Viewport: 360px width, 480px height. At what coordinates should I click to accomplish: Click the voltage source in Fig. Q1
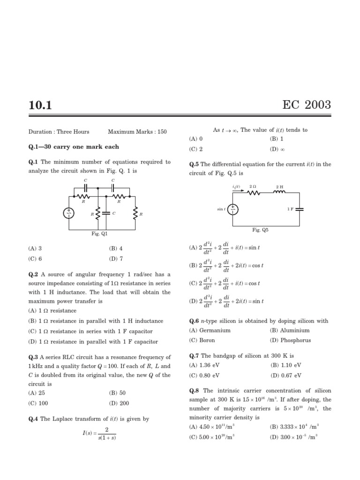click(69, 213)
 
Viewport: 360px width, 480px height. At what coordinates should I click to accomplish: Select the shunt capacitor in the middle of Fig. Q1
click(106, 213)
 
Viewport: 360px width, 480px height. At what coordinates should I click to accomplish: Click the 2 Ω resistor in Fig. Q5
click(253, 192)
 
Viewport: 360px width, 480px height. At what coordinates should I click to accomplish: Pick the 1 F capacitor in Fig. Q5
click(299, 209)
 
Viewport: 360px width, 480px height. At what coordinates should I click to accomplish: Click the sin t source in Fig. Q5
click(233, 209)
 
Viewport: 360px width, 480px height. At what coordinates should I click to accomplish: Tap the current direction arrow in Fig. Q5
click(237, 191)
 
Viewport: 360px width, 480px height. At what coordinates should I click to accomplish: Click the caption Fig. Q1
click(99, 233)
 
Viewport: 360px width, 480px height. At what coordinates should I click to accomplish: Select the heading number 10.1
click(40, 105)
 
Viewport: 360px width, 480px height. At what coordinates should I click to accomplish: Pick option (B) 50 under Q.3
click(117, 393)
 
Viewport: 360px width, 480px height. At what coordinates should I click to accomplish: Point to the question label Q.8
click(195, 390)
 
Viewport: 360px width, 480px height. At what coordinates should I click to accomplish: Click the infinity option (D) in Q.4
click(277, 150)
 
